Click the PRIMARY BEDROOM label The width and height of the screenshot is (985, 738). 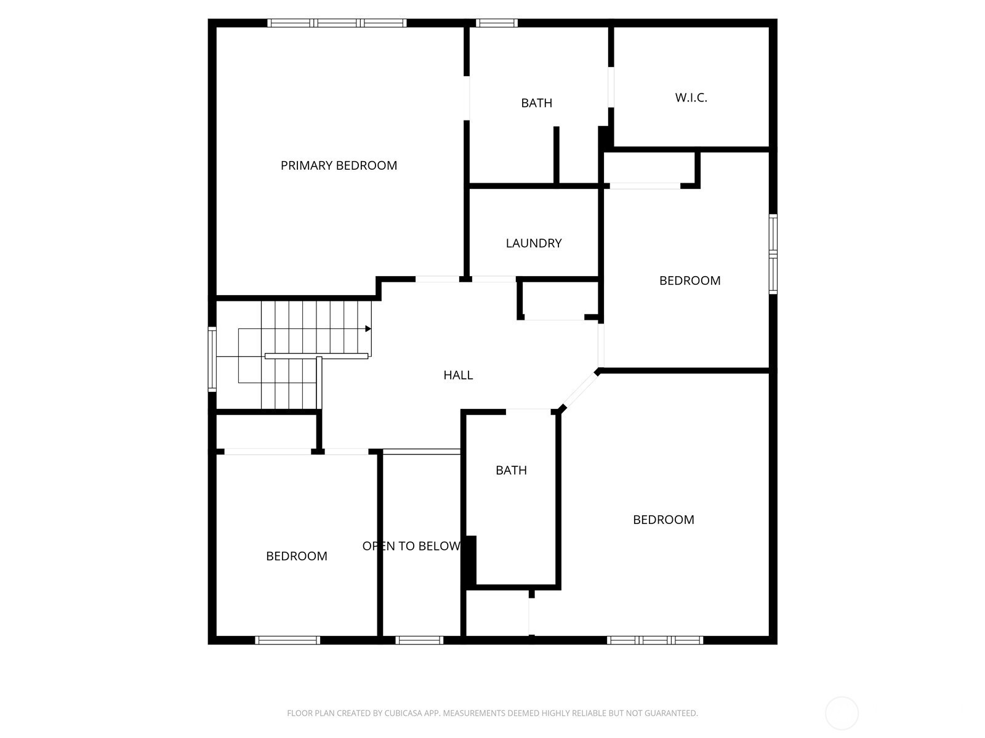339,166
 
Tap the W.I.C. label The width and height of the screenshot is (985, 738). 691,98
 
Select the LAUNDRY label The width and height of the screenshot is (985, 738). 534,244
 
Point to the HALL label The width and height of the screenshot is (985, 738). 458,375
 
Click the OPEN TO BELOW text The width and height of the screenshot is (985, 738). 411,546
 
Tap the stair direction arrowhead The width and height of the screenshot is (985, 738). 368,329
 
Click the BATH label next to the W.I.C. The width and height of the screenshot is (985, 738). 537,103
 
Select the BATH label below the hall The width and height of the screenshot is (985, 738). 511,470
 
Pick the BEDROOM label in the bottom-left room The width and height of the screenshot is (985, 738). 297,556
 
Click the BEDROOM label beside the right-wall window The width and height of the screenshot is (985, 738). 689,280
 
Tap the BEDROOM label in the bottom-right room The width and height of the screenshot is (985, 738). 664,520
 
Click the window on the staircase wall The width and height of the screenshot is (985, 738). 212,359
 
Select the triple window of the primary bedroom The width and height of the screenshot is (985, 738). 337,23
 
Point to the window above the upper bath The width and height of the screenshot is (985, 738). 497,23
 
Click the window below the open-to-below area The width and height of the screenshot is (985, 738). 419,640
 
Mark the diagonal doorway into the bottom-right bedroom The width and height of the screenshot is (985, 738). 580,390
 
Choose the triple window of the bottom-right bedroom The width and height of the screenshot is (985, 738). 655,640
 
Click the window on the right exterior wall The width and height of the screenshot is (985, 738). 773,254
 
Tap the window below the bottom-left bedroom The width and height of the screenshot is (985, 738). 287,640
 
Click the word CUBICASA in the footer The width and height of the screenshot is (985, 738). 403,713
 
